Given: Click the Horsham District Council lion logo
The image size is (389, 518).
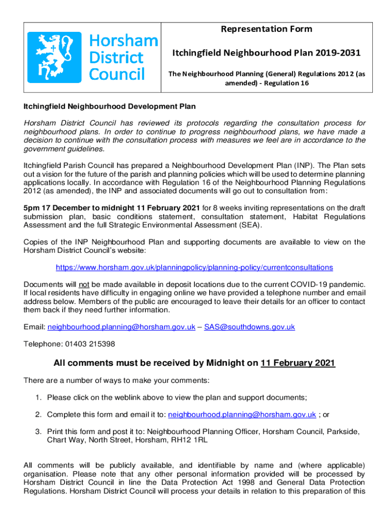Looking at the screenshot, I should [54, 57].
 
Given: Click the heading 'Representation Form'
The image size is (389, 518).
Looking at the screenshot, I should [266, 29].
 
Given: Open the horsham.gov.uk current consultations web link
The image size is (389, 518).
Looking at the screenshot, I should [194, 267].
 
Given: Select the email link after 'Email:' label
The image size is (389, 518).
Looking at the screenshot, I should [121, 327].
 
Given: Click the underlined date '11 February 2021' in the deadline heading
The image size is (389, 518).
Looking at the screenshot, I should [298, 363].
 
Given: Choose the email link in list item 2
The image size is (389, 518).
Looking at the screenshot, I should [242, 415].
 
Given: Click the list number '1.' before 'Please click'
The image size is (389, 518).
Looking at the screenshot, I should [38, 398].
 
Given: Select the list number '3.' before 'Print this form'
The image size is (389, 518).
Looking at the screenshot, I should [38, 431].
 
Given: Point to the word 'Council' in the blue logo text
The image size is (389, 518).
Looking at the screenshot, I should [117, 74].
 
